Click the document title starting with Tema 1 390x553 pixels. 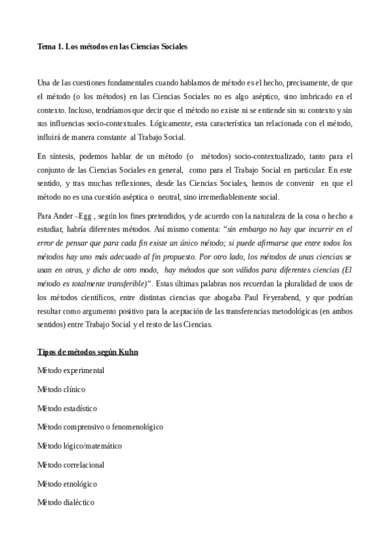(113, 48)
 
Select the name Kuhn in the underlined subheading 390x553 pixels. (126, 352)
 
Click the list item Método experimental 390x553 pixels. (70, 370)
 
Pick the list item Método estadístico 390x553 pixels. (66, 408)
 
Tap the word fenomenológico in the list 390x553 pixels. (132, 427)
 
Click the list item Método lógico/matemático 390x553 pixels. (79, 446)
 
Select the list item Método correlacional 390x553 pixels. (70, 465)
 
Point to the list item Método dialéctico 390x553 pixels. (66, 503)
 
